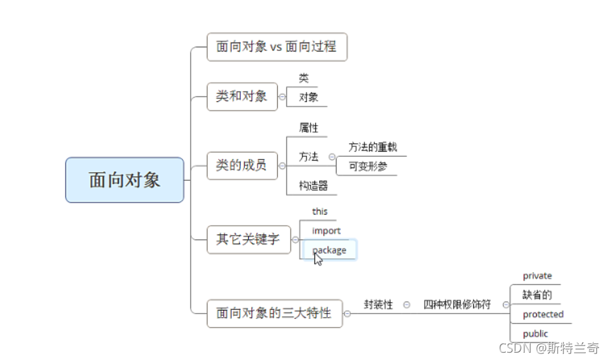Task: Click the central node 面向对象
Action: [x=124, y=180]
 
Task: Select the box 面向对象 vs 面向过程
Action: [x=277, y=47]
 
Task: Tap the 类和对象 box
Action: [x=242, y=97]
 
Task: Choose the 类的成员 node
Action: [x=242, y=165]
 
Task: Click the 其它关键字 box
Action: [x=248, y=240]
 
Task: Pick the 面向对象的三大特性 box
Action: [x=274, y=313]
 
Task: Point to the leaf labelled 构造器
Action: [x=313, y=186]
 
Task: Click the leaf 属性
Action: [x=308, y=128]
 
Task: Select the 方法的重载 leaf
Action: [x=373, y=147]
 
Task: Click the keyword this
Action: [x=320, y=212]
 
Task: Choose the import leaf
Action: [x=326, y=230]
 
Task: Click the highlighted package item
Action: [x=330, y=249]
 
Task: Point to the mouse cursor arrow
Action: [x=318, y=259]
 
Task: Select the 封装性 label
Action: [x=378, y=304]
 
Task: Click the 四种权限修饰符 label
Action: [x=457, y=304]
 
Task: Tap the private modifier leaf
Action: [x=537, y=276]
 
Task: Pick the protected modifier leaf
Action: [x=543, y=314]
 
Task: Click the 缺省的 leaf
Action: [x=537, y=295]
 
